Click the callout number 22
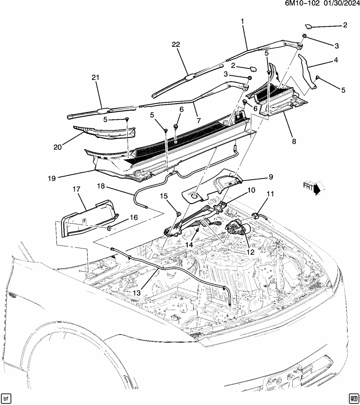pyautogui.click(x=176, y=45)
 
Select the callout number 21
pyautogui.click(x=95, y=77)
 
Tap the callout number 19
pyautogui.click(x=52, y=178)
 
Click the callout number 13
pyautogui.click(x=137, y=293)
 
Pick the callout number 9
pyautogui.click(x=270, y=177)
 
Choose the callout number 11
pyautogui.click(x=270, y=194)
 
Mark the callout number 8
pyautogui.click(x=294, y=142)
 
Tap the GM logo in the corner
pyautogui.click(x=353, y=398)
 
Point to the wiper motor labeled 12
pyautogui.click(x=239, y=227)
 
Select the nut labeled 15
pyautogui.click(x=178, y=214)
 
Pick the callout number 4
pyautogui.click(x=336, y=60)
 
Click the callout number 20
pyautogui.click(x=58, y=147)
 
